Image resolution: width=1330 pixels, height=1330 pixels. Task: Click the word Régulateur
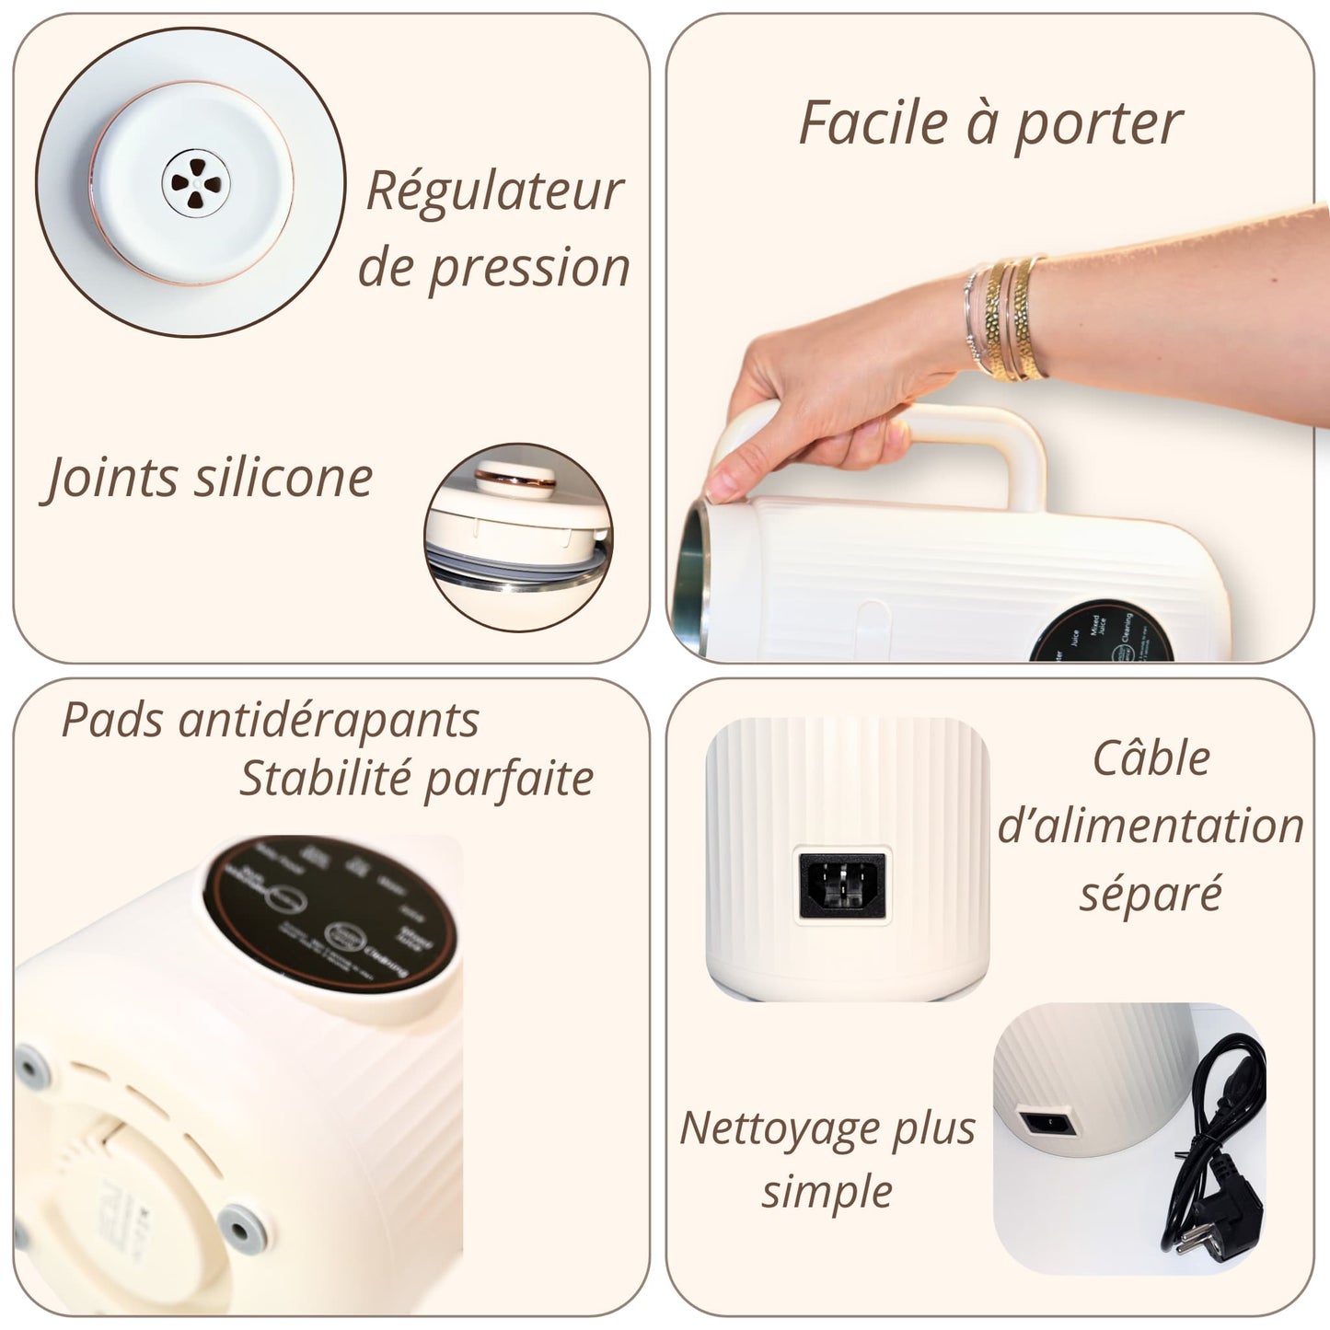[494, 191]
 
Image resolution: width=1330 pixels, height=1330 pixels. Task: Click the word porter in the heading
[1097, 124]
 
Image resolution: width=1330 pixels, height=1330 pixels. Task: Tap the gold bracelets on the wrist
[1008, 318]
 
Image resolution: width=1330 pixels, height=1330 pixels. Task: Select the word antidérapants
[328, 720]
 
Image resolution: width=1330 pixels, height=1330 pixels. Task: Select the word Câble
[1151, 759]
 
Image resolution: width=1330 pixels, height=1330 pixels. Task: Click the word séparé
[1151, 893]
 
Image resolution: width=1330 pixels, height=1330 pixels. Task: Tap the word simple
[827, 1193]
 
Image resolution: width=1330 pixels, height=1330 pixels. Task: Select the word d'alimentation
[1151, 826]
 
